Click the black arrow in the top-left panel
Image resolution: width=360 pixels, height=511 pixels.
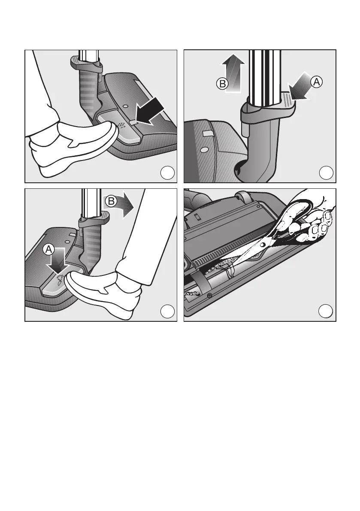point(149,112)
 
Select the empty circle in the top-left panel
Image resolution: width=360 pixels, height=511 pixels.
point(167,173)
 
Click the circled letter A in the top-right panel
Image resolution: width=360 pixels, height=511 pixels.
point(316,82)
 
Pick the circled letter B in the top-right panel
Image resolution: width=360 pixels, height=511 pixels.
point(222,84)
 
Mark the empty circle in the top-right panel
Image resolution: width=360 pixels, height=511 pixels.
point(326,173)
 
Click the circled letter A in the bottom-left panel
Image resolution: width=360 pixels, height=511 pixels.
point(48,250)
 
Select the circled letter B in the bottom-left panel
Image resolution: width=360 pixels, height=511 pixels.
point(111,201)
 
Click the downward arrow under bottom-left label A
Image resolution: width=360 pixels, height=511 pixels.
point(57,260)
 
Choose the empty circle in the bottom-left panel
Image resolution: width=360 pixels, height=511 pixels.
point(167,311)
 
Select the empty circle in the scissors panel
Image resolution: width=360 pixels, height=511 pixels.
point(326,311)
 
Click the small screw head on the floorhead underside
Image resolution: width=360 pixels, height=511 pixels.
point(209,296)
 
